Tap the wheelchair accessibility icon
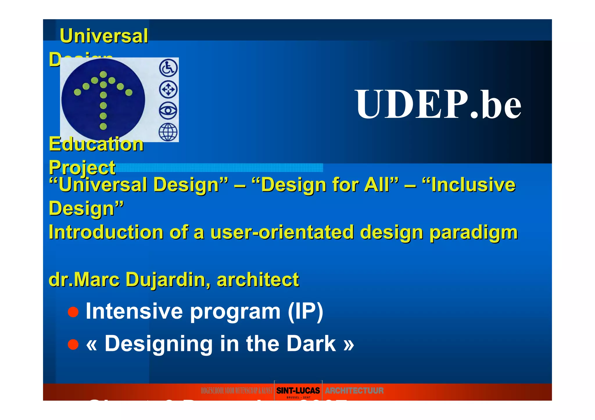click(168, 68)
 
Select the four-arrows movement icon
click(168, 89)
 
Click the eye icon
click(168, 111)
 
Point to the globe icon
click(168, 132)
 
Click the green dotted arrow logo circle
click(103, 100)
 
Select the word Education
click(96, 144)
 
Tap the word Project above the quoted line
click(82, 167)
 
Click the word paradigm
click(474, 232)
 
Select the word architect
click(258, 280)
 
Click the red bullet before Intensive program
click(73, 312)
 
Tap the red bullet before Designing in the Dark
click(73, 345)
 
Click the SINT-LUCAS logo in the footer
click(298, 391)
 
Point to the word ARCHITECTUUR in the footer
click(354, 391)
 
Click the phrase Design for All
click(325, 185)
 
